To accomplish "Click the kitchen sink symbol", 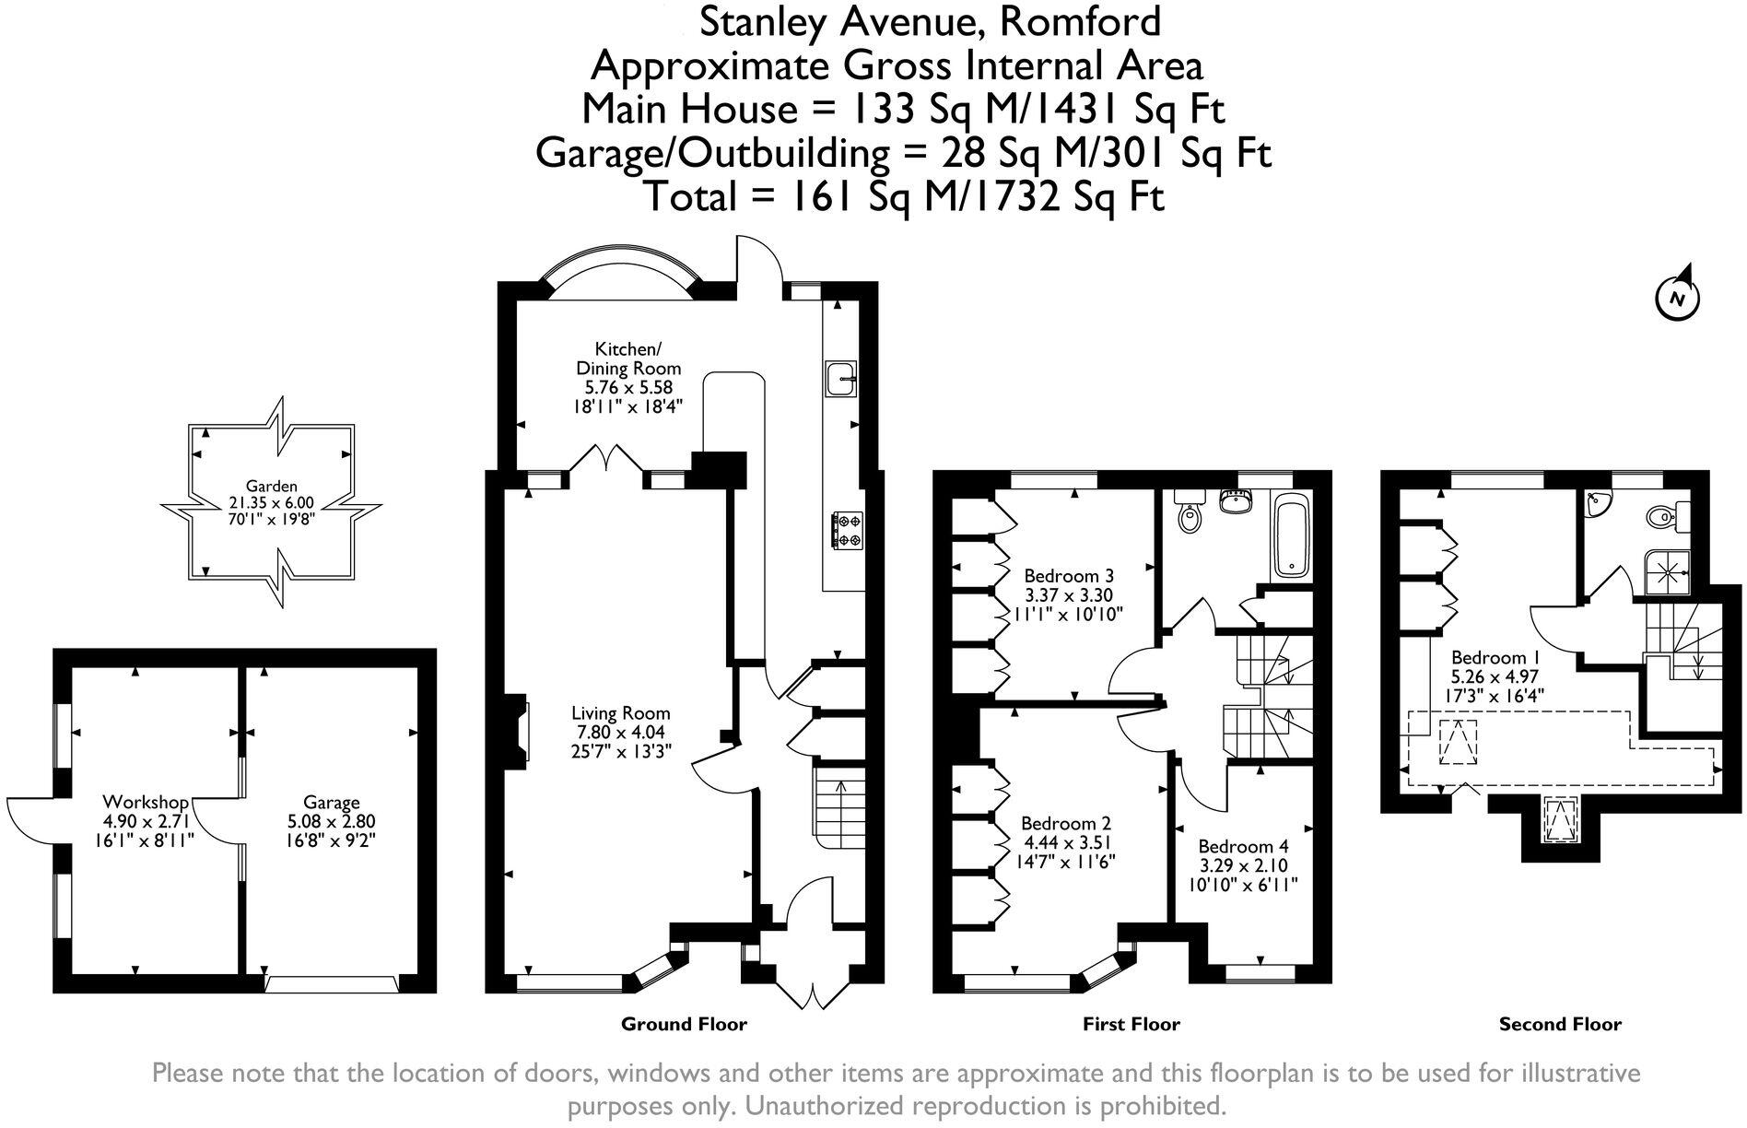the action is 841,377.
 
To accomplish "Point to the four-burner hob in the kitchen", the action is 847,530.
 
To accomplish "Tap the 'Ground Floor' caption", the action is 684,1024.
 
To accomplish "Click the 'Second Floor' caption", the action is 1560,1024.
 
